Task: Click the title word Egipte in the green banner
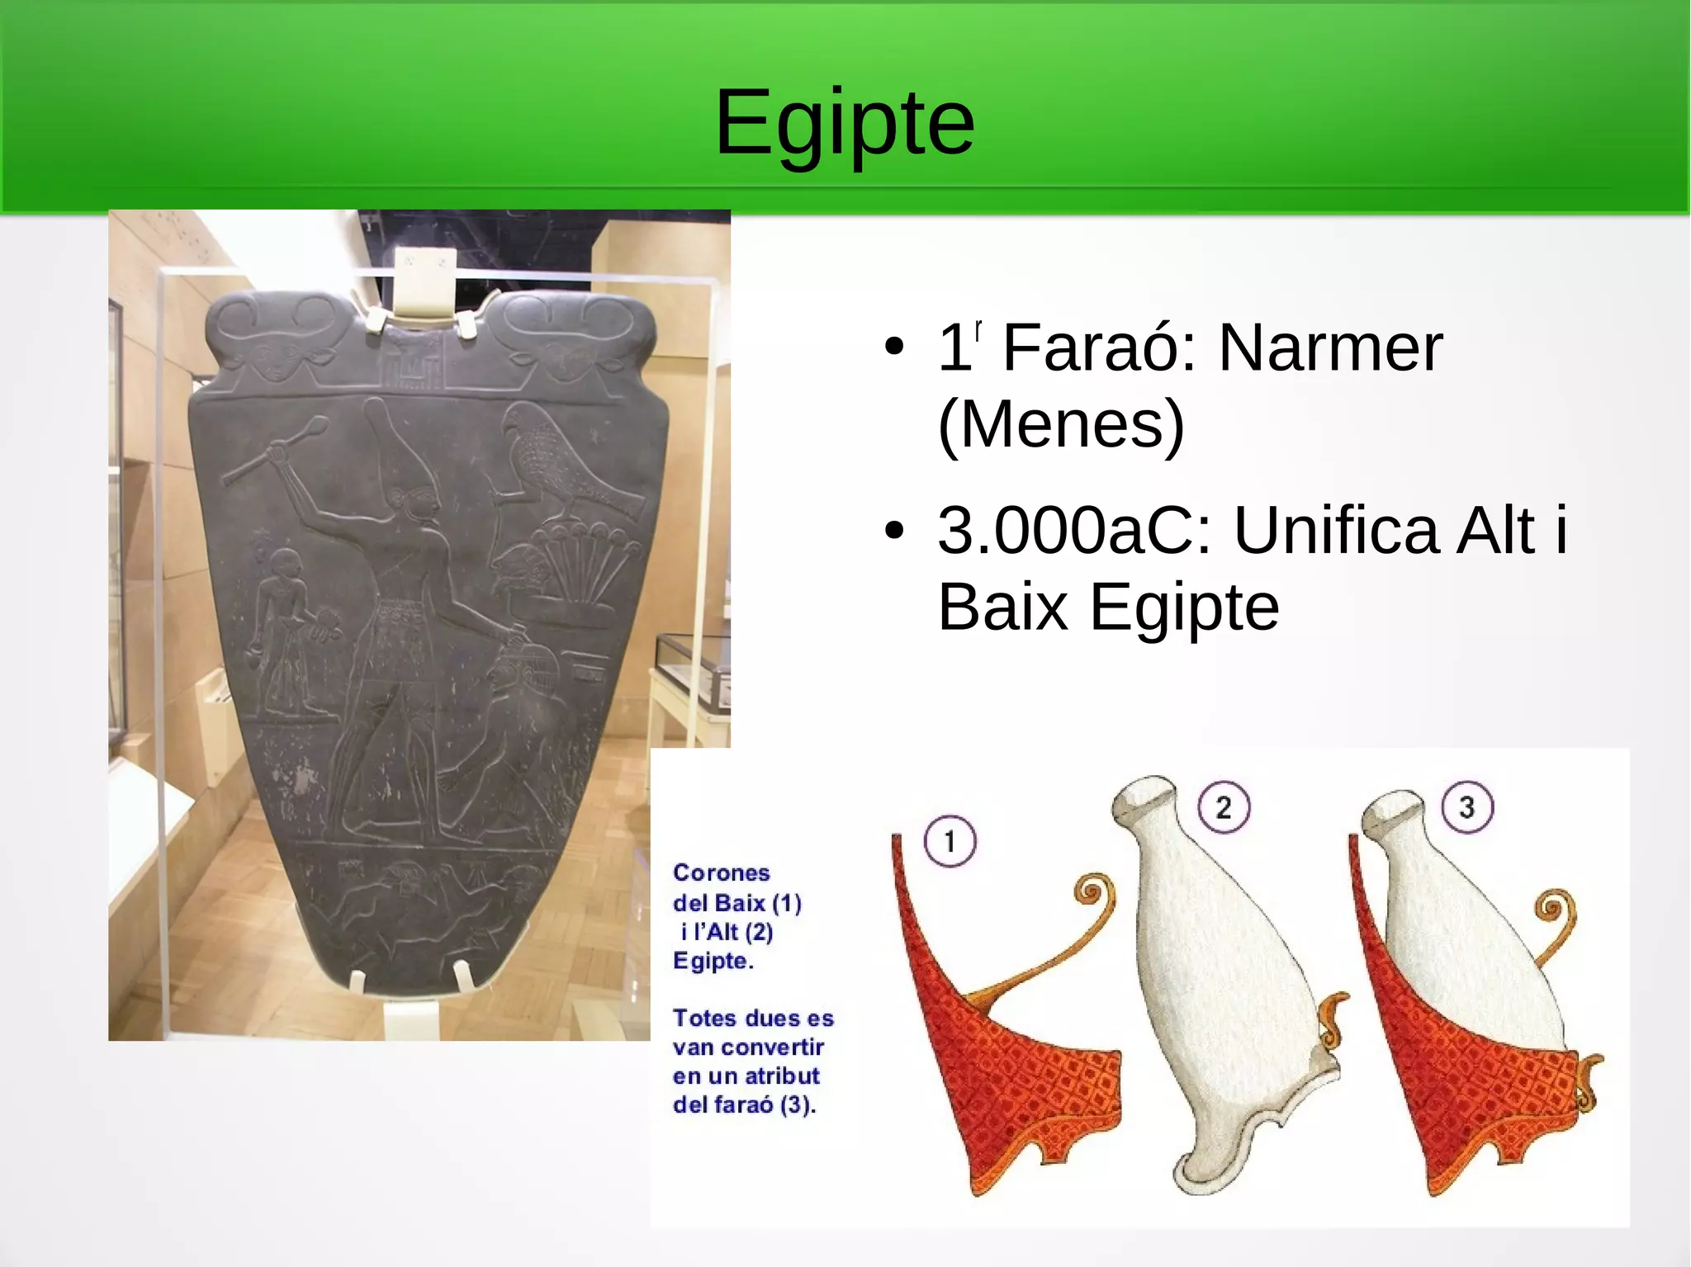pos(845,124)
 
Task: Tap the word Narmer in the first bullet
pos(1330,347)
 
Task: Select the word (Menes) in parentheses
pos(1061,424)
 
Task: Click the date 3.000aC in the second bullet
pos(1074,530)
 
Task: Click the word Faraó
pos(1099,347)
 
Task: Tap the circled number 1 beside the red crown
pos(950,842)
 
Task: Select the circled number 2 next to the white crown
pos(1223,807)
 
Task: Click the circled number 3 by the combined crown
pos(1467,807)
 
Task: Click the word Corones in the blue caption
pos(721,872)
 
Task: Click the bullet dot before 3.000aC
pos(893,532)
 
